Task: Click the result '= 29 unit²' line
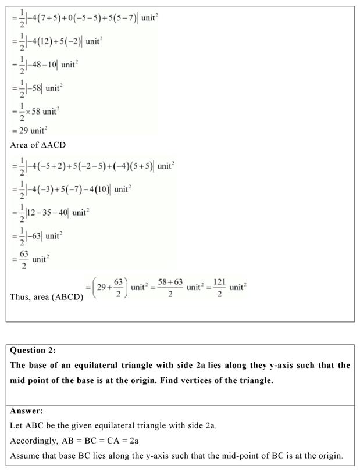(x=29, y=130)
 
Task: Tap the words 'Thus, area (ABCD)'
(x=47, y=297)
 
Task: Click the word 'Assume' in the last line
(x=24, y=456)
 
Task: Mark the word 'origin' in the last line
(x=331, y=456)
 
